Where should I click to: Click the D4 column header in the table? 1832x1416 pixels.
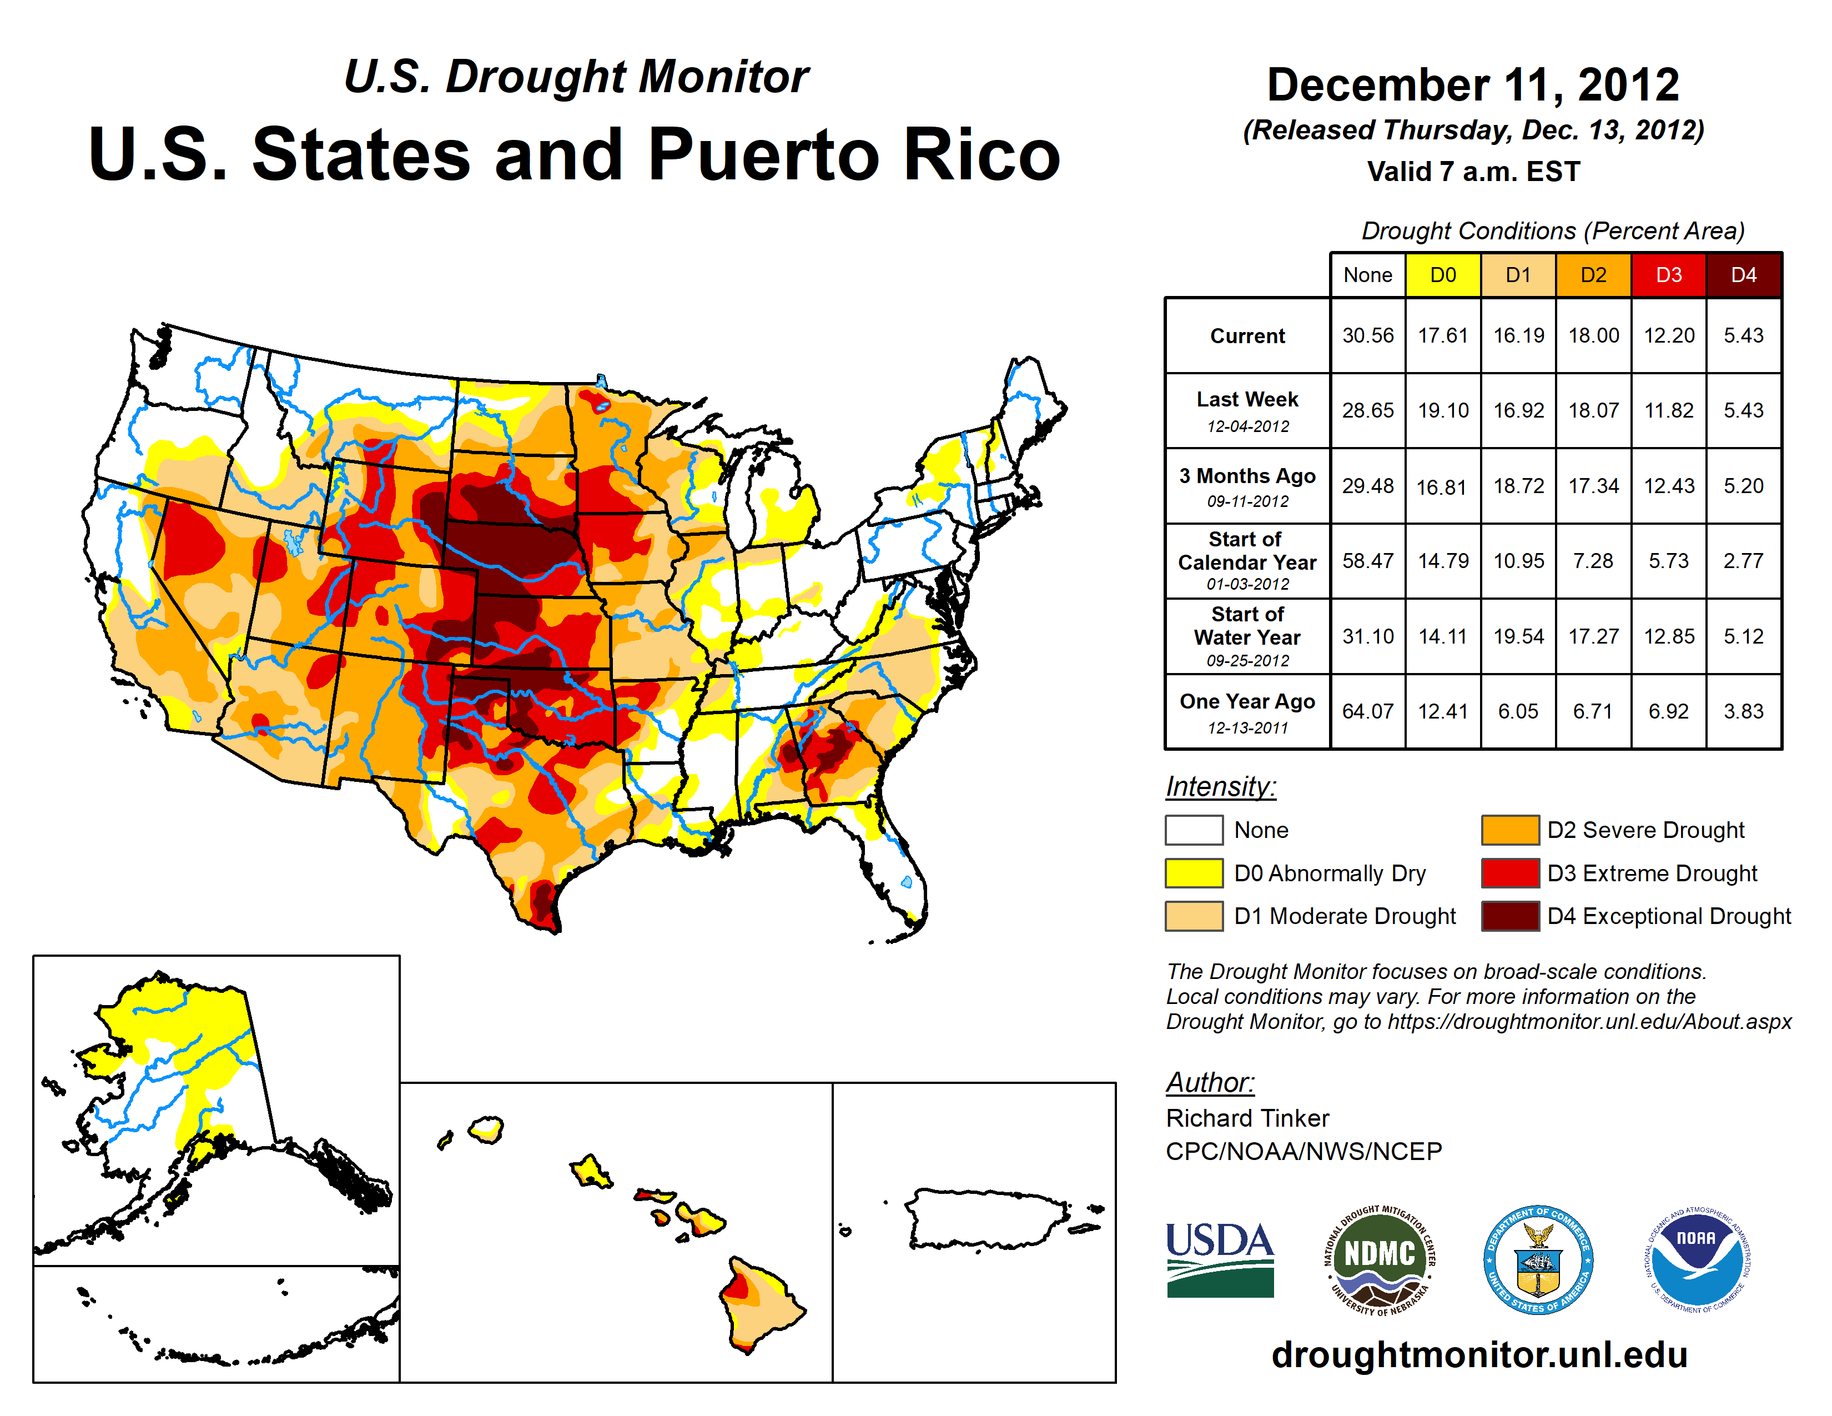(x=1743, y=275)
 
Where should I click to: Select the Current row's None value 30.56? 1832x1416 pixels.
(x=1367, y=335)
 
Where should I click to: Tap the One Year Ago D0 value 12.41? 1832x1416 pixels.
(x=1443, y=711)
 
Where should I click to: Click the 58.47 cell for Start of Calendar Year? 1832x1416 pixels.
(x=1367, y=560)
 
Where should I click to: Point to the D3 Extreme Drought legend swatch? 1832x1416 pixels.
(x=1510, y=873)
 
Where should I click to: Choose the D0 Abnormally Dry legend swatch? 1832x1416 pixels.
(x=1194, y=873)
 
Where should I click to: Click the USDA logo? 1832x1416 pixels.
(x=1220, y=1258)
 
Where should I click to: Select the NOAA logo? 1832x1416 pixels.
(x=1696, y=1258)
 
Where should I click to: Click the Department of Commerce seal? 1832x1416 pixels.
(x=1538, y=1258)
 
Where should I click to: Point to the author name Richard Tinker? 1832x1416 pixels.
(x=1247, y=1118)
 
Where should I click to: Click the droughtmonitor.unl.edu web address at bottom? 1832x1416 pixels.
(x=1479, y=1355)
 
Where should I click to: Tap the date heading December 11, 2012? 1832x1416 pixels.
(x=1473, y=85)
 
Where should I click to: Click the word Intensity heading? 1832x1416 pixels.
(x=1220, y=787)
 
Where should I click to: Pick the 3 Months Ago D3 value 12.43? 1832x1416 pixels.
(x=1668, y=486)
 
